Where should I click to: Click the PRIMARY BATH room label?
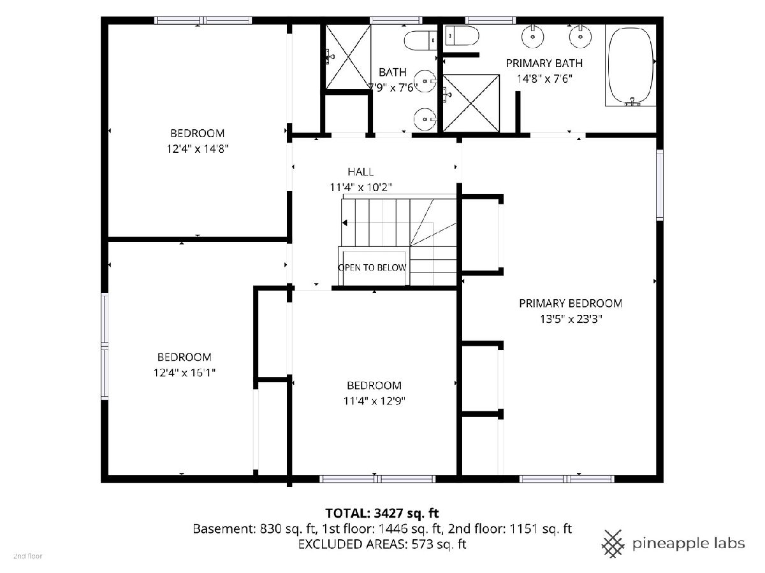[x=544, y=63]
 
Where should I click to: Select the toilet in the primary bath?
[x=462, y=36]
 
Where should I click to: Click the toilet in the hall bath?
[x=421, y=40]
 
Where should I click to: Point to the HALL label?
[x=360, y=172]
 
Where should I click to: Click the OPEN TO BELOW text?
[x=372, y=267]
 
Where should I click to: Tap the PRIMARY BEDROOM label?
[x=571, y=304]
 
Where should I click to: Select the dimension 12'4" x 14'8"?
[x=198, y=149]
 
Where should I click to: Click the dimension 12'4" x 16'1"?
[x=184, y=373]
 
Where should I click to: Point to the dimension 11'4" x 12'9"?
[x=374, y=401]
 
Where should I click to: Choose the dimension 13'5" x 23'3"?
[x=571, y=319]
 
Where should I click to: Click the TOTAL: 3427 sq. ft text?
[x=382, y=513]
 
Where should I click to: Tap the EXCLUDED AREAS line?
[x=382, y=544]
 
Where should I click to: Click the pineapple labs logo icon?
[x=613, y=544]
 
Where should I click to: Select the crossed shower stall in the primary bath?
[x=471, y=103]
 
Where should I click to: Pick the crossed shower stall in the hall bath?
[x=348, y=57]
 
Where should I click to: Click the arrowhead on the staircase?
[x=345, y=223]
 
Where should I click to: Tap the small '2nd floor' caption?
[x=28, y=556]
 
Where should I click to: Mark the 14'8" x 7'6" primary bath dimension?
[x=544, y=79]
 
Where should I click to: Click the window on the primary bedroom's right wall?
[x=659, y=185]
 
